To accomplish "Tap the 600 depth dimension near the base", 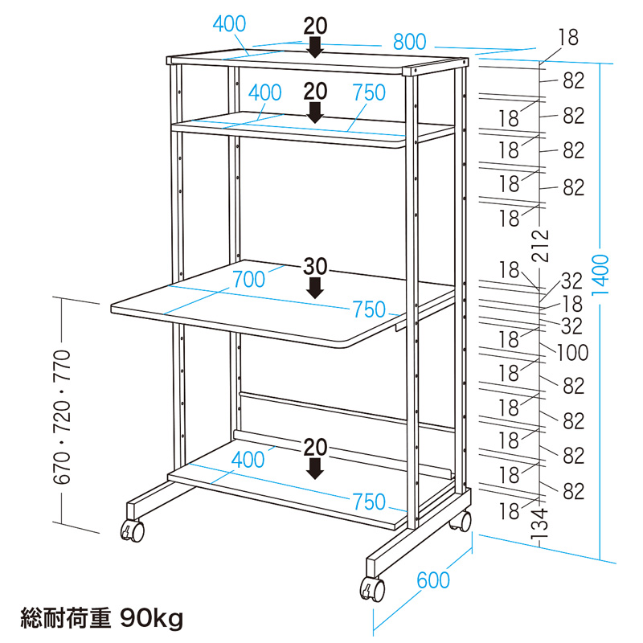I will [x=433, y=580].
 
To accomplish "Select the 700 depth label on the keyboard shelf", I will [x=248, y=280].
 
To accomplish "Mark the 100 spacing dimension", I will [x=573, y=352].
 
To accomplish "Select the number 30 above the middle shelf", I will [x=315, y=266].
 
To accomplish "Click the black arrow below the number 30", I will [x=316, y=287].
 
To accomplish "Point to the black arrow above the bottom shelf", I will [x=316, y=468].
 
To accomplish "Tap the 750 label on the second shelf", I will [x=369, y=92].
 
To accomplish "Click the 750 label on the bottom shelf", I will [x=369, y=502].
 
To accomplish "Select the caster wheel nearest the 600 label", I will [x=371, y=590].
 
